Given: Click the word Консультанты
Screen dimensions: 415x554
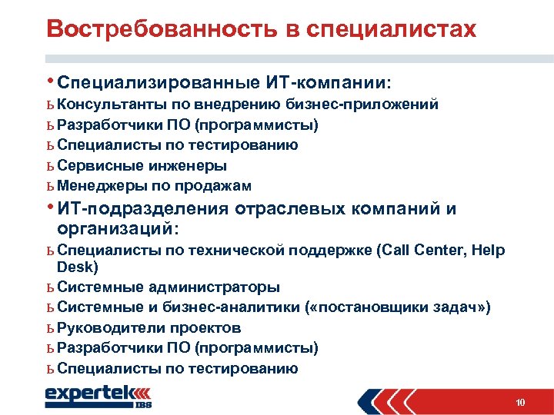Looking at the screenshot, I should (104, 104).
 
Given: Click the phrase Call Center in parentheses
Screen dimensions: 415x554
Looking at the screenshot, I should (419, 250).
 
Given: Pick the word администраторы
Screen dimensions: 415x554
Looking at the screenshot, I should (213, 287).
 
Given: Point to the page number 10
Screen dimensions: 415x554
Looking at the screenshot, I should (521, 402).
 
